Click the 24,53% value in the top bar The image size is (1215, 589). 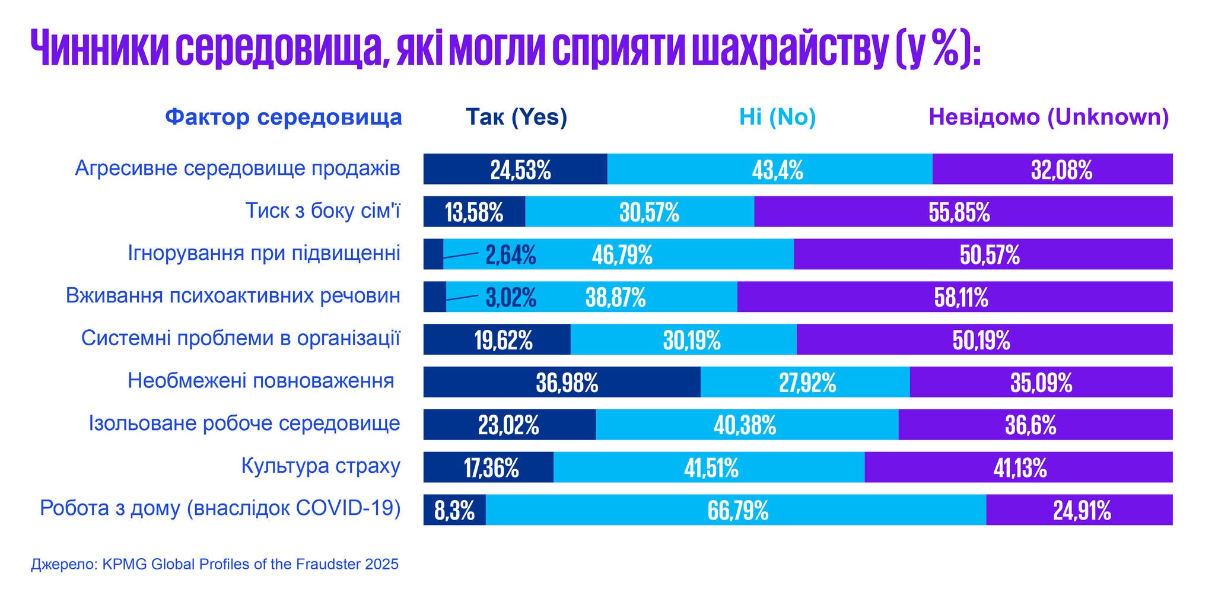(x=520, y=170)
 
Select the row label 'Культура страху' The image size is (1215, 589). (x=320, y=466)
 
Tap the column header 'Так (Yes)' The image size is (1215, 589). (x=516, y=117)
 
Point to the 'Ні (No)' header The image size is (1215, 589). (x=777, y=117)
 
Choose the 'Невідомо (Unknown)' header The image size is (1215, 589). (x=1048, y=117)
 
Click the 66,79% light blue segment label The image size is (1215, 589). (x=737, y=511)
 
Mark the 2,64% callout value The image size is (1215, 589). (x=511, y=255)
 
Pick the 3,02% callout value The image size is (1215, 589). (x=511, y=297)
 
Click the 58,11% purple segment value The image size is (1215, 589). (x=961, y=297)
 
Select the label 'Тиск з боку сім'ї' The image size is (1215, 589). (x=323, y=211)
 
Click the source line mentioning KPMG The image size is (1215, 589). (x=215, y=564)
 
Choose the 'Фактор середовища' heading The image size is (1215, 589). (x=284, y=117)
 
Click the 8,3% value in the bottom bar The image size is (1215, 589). (x=454, y=511)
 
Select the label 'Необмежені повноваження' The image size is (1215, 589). (x=261, y=380)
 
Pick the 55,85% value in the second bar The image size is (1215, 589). (x=959, y=212)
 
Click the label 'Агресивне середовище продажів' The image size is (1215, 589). (x=237, y=168)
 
